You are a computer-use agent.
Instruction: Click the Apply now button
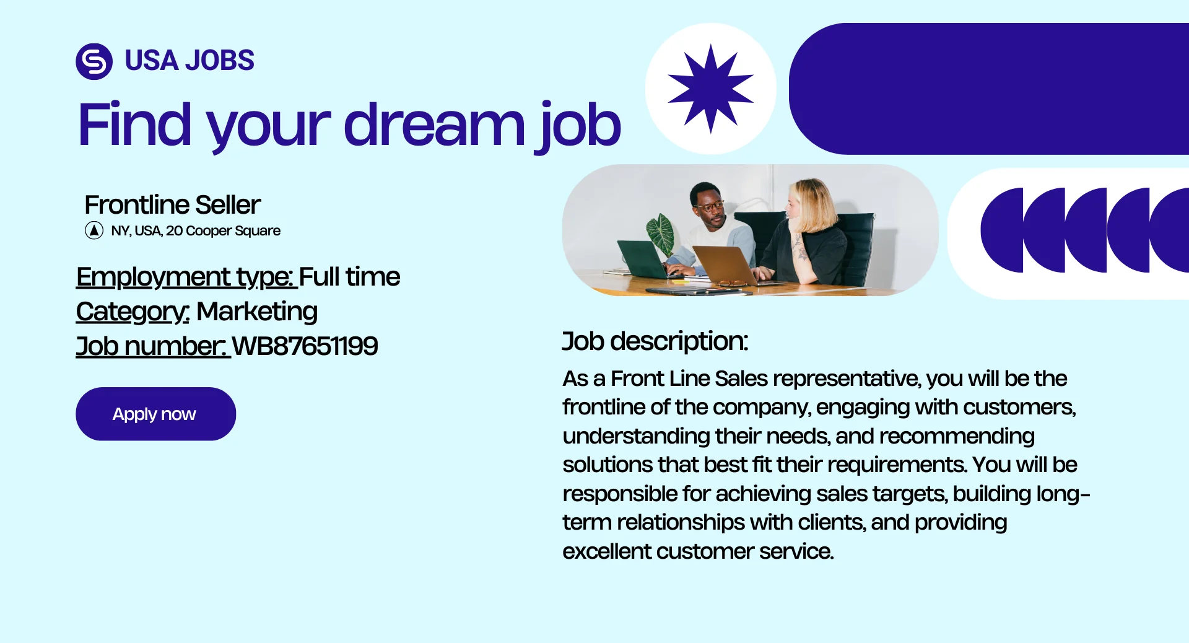pos(155,414)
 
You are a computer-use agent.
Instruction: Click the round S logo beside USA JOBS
pos(94,61)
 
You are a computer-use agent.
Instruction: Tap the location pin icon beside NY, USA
pos(94,230)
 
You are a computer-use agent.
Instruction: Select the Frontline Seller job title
pos(173,204)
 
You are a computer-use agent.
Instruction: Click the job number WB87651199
pos(305,346)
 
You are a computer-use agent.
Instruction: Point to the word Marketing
pos(257,311)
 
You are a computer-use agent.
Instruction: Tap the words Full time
pos(350,276)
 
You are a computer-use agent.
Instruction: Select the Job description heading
pos(655,341)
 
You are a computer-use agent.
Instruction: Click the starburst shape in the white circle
pos(711,89)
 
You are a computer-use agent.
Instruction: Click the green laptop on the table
pos(643,259)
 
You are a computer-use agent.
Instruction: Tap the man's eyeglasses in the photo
pos(711,206)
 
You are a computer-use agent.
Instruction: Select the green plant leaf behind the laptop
pos(660,233)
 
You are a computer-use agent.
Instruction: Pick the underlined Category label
pos(132,312)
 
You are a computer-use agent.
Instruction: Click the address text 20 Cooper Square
pos(224,230)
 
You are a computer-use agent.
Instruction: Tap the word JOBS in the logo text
pos(220,60)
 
